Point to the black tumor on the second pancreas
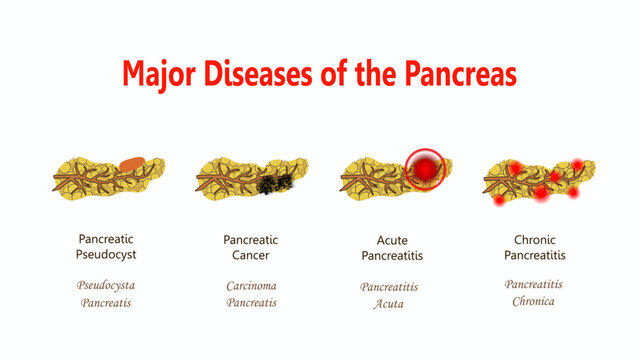(273, 184)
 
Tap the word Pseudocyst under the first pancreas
(106, 256)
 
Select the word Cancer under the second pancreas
(250, 256)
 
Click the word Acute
(391, 239)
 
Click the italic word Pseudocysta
(106, 285)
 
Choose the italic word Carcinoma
(250, 285)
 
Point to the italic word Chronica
(533, 301)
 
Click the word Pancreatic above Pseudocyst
(106, 239)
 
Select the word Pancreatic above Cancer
(250, 239)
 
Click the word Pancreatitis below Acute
(391, 256)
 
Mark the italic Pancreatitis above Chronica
(533, 284)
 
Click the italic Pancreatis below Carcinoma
(250, 302)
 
